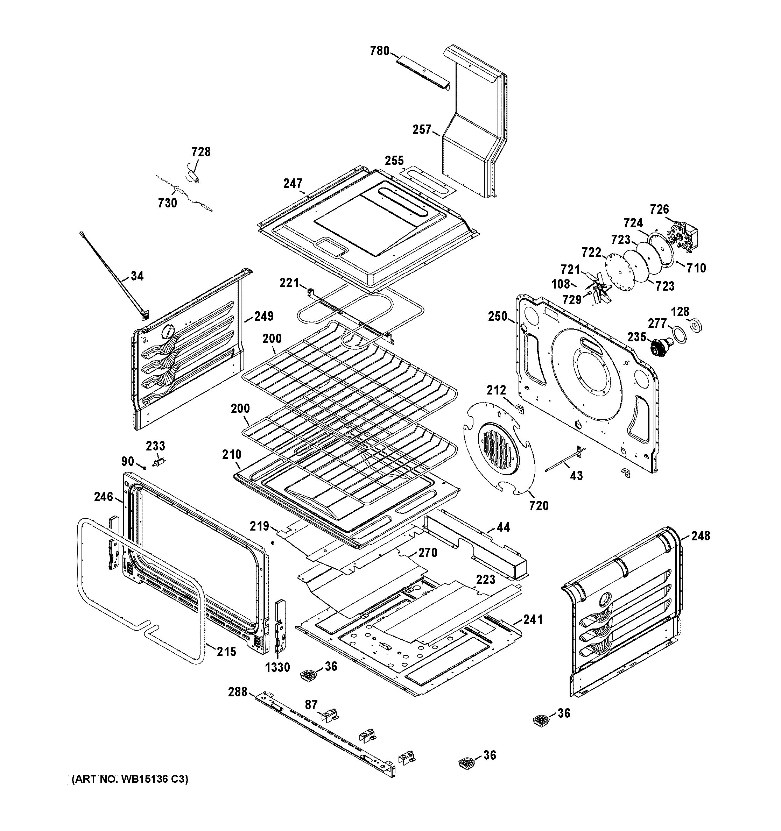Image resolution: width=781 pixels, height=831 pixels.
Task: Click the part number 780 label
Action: [x=379, y=51]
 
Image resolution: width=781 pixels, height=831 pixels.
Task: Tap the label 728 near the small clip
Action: [x=201, y=152]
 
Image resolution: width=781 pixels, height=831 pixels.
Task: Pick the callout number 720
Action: [x=539, y=506]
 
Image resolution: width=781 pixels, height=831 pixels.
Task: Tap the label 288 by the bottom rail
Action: [x=238, y=692]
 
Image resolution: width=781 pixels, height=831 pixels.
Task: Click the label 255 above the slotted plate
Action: [x=394, y=161]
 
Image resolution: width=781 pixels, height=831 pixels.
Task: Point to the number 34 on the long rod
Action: [x=137, y=276]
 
